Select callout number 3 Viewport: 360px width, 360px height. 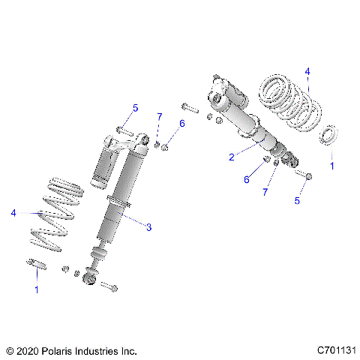click(x=148, y=227)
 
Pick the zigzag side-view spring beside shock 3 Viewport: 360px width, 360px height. click(x=57, y=217)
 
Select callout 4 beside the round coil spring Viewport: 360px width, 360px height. click(x=307, y=71)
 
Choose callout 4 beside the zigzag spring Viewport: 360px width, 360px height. click(x=13, y=213)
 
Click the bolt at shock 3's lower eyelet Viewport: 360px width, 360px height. click(x=109, y=286)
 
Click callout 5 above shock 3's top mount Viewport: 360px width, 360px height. click(x=135, y=109)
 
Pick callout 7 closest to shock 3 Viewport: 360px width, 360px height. click(x=159, y=116)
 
